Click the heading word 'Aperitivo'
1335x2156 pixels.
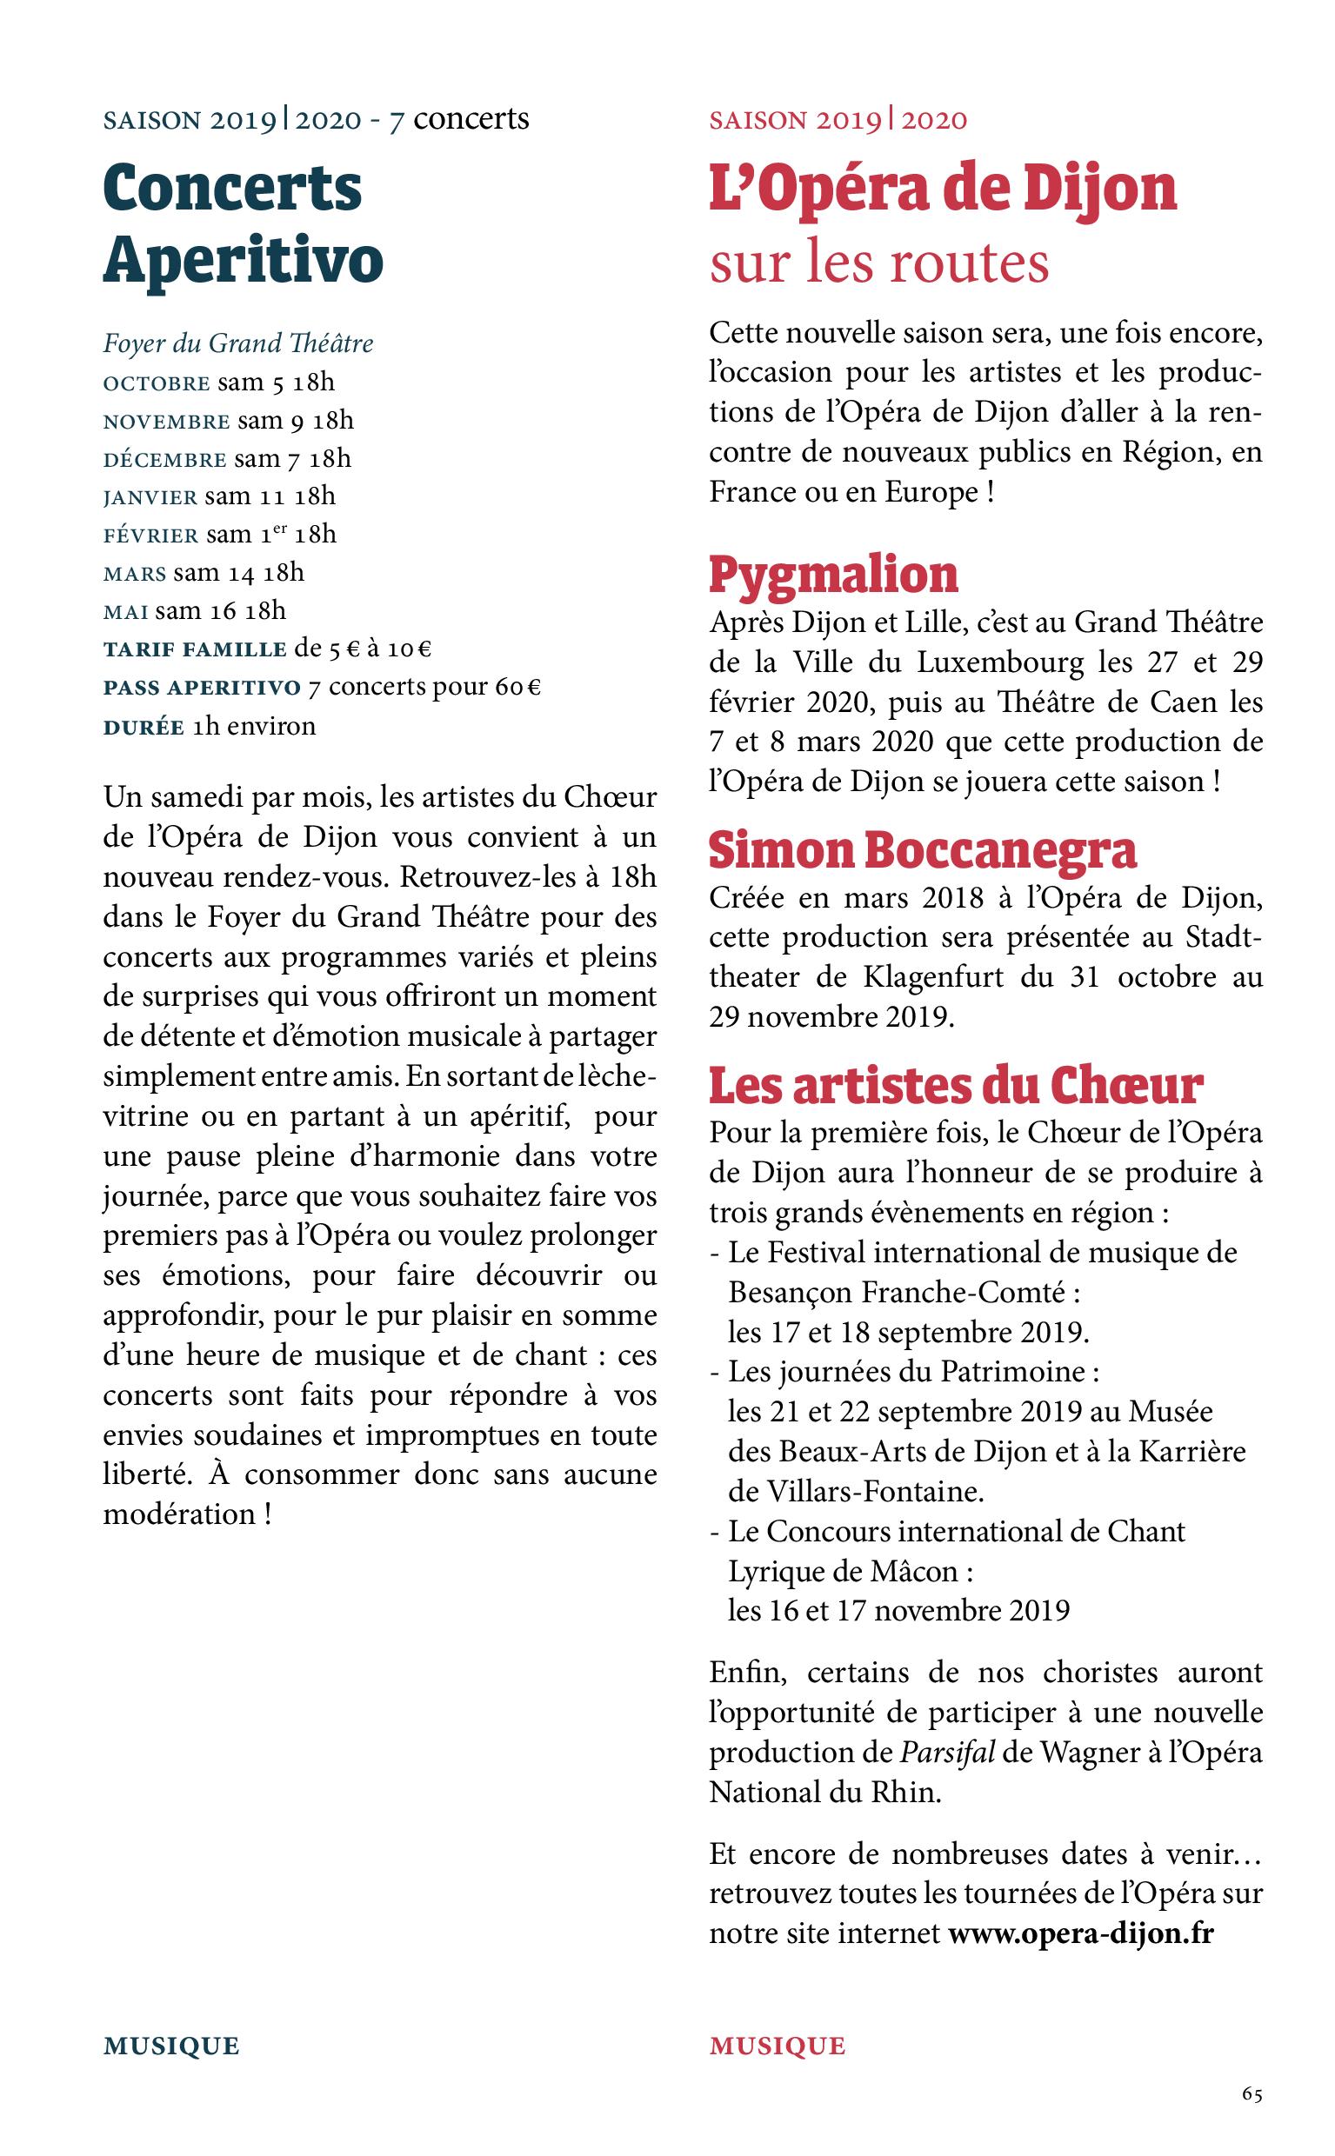tap(243, 258)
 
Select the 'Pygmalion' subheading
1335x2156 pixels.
tap(833, 575)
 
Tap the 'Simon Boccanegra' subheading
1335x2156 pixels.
tap(923, 851)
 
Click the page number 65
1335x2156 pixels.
tap(1252, 2094)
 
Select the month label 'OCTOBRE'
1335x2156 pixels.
tap(157, 384)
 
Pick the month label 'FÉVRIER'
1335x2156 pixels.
tap(151, 536)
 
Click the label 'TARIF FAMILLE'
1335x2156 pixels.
tap(195, 650)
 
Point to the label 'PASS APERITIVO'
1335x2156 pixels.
tap(202, 689)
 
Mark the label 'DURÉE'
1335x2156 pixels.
tap(144, 727)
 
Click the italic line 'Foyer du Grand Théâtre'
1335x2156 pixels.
tap(238, 343)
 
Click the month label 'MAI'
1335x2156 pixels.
tap(125, 611)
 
